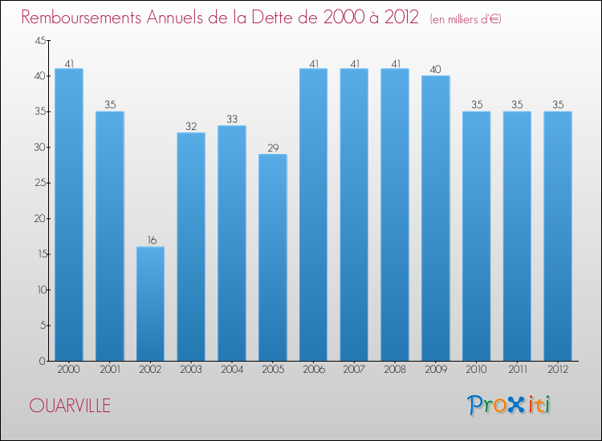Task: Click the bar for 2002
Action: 150,304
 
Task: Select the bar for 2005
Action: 272,257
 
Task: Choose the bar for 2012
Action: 557,236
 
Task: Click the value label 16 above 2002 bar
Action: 150,240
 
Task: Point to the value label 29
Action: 272,148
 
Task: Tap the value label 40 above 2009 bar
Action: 435,70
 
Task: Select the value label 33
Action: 231,119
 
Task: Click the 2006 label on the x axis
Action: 313,370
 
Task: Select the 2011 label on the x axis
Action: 517,370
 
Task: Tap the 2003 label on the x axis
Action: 191,370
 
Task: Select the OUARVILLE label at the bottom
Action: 70,406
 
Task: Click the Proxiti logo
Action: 510,405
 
